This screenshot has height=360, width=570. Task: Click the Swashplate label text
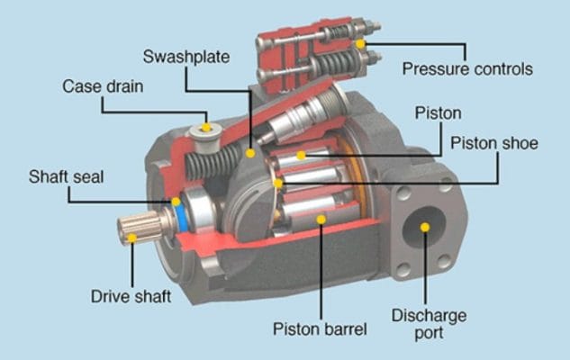[x=186, y=57]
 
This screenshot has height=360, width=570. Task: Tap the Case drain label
[x=103, y=86]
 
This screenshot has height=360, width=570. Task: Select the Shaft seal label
[x=66, y=177]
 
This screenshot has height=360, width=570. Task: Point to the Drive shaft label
[x=131, y=296]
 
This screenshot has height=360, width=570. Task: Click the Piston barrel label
[x=320, y=329]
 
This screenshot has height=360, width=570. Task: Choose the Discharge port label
[x=429, y=324]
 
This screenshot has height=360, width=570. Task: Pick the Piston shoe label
[x=494, y=143]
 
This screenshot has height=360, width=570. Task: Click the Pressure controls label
[x=467, y=69]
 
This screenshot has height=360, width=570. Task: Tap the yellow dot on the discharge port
[x=425, y=228]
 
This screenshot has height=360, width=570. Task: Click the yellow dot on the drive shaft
[x=132, y=238]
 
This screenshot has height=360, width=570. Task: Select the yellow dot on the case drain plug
[x=206, y=128]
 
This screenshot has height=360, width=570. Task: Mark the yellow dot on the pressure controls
[x=360, y=44]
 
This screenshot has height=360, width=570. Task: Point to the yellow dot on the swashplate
[x=250, y=153]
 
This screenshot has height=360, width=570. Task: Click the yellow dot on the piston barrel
[x=321, y=219]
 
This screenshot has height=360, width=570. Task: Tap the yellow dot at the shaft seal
[x=176, y=202]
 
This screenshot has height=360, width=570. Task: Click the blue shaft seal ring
[x=181, y=219]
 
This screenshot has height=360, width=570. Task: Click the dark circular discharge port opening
[x=424, y=227]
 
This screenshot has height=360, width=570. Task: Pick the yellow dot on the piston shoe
[x=278, y=184]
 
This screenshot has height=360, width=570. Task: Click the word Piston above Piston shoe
[x=438, y=113]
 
